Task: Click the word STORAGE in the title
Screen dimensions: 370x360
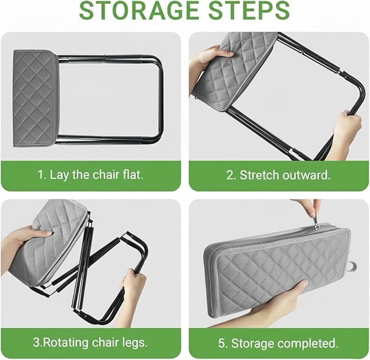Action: [x=139, y=10]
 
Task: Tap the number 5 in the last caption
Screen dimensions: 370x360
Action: [x=222, y=343]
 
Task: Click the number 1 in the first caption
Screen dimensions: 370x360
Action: [x=40, y=175]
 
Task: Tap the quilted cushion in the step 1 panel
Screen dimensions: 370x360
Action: [x=35, y=98]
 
